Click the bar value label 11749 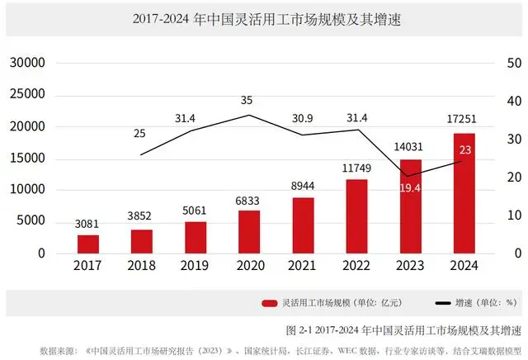357,168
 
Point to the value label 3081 88,224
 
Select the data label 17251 464,122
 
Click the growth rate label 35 247,100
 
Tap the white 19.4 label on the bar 410,189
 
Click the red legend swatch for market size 269,304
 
